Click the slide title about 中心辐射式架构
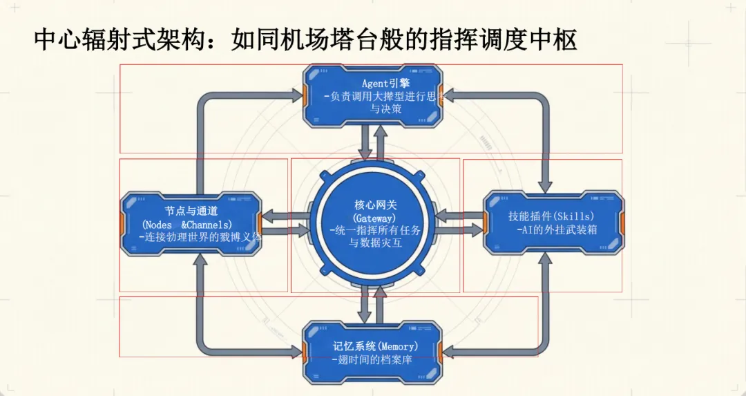[305, 39]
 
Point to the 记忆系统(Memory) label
[375, 346]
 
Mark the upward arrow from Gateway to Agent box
[381, 138]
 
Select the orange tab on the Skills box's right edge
[622, 225]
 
